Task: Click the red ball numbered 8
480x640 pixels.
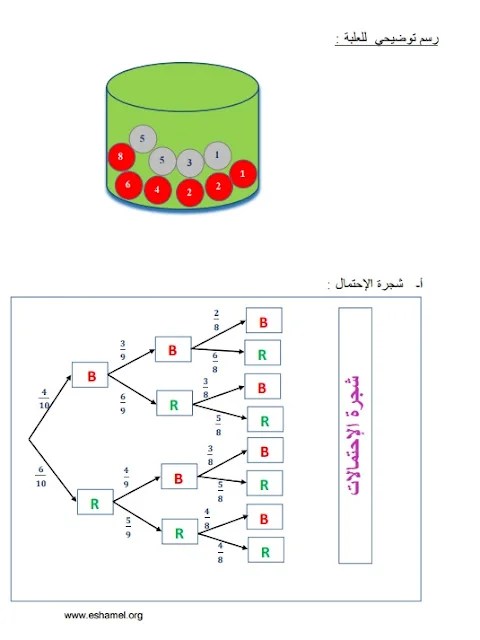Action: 121,156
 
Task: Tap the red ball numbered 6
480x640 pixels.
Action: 129,185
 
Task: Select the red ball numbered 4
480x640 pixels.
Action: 157,190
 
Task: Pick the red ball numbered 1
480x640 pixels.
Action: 243,174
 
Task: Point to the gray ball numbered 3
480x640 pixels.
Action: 190,162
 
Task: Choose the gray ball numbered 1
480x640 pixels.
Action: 218,156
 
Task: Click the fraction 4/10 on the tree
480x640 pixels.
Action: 44,399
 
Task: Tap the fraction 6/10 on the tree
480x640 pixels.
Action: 41,476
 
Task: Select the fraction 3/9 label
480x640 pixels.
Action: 122,350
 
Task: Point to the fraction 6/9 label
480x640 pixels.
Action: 122,404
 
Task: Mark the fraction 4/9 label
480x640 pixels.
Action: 126,478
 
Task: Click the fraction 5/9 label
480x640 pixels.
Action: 128,527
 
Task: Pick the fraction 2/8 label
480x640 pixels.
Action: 216,320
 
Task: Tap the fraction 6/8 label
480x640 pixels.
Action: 215,362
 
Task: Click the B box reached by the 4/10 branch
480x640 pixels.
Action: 90,375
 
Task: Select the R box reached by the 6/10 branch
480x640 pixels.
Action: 96,502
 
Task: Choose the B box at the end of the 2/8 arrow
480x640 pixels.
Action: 264,320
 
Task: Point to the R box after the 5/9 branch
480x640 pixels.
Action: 180,531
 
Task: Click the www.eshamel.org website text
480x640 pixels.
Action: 103,615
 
